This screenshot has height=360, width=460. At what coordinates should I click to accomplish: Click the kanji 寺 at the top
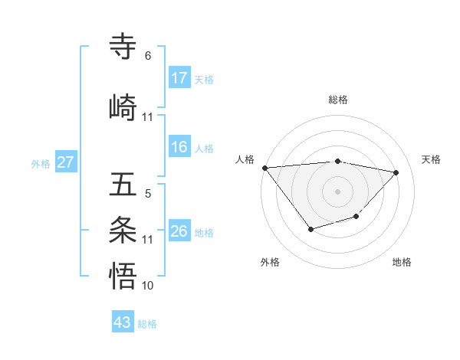(x=124, y=45)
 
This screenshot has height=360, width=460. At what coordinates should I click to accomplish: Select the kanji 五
(x=124, y=185)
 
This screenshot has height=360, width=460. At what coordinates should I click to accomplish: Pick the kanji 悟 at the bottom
(x=124, y=275)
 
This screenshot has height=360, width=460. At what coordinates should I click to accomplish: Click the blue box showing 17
(x=179, y=77)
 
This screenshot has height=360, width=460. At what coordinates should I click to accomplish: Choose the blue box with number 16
(x=179, y=147)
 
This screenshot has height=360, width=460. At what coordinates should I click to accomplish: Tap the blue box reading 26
(x=179, y=231)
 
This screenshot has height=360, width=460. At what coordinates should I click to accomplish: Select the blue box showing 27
(x=66, y=162)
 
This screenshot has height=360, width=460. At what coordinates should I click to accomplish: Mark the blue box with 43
(x=123, y=322)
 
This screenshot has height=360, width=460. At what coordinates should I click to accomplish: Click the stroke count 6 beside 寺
(x=148, y=56)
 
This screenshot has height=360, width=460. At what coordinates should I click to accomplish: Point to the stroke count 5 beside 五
(x=148, y=194)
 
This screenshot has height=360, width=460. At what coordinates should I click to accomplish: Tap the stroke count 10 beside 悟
(x=149, y=286)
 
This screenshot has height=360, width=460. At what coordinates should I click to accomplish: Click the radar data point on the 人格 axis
(x=264, y=168)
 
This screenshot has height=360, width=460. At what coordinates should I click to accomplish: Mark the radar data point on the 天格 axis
(x=396, y=172)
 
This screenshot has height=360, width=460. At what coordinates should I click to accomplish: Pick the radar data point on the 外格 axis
(x=310, y=229)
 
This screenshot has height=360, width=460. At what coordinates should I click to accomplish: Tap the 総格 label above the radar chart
(x=337, y=100)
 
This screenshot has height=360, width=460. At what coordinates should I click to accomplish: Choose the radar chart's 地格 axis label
(x=402, y=263)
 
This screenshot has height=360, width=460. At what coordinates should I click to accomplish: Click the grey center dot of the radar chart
(x=337, y=191)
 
